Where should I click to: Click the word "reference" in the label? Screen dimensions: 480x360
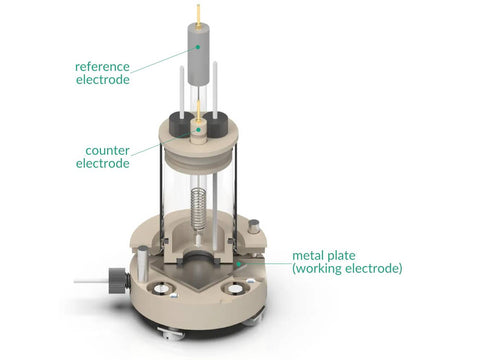pos(102,67)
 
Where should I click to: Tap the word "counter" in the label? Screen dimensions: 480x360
pos(107,151)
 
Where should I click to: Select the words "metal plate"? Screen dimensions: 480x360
pos(324,256)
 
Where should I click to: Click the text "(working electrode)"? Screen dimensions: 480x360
pos(347,268)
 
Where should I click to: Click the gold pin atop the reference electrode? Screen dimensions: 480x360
pos(198,16)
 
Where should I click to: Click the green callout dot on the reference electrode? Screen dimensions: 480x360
pos(198,47)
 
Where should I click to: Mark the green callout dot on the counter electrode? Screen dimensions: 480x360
pos(199,130)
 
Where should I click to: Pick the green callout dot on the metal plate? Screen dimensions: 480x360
pos(239,264)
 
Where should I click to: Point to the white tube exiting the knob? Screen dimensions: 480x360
pos(91,282)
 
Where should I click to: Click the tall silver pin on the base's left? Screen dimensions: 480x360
pos(143,263)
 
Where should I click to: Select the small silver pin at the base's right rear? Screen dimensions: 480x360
pos(254,227)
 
